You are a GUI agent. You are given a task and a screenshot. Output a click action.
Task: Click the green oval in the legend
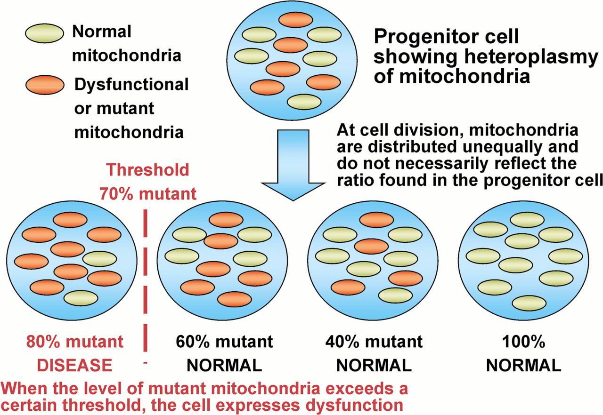[44, 33]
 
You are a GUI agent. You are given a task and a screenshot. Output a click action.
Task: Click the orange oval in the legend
[45, 85]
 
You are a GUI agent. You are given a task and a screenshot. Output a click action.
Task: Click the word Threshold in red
[148, 170]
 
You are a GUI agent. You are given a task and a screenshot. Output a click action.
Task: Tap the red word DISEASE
[74, 365]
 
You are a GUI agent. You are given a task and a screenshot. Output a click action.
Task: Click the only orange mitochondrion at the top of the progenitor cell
[295, 20]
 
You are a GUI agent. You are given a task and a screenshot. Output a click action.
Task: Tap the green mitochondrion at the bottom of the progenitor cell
[304, 102]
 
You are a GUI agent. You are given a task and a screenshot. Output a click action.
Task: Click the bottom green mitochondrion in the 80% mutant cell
[81, 298]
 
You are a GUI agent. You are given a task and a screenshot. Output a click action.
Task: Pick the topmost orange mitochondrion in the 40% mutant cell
[376, 220]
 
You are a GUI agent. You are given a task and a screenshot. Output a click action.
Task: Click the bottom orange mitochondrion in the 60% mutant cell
[234, 299]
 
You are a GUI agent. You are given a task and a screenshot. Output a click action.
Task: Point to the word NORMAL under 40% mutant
[374, 365]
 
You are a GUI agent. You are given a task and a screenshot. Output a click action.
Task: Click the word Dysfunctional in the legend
[131, 84]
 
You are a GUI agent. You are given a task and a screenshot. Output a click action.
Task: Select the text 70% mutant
[148, 193]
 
